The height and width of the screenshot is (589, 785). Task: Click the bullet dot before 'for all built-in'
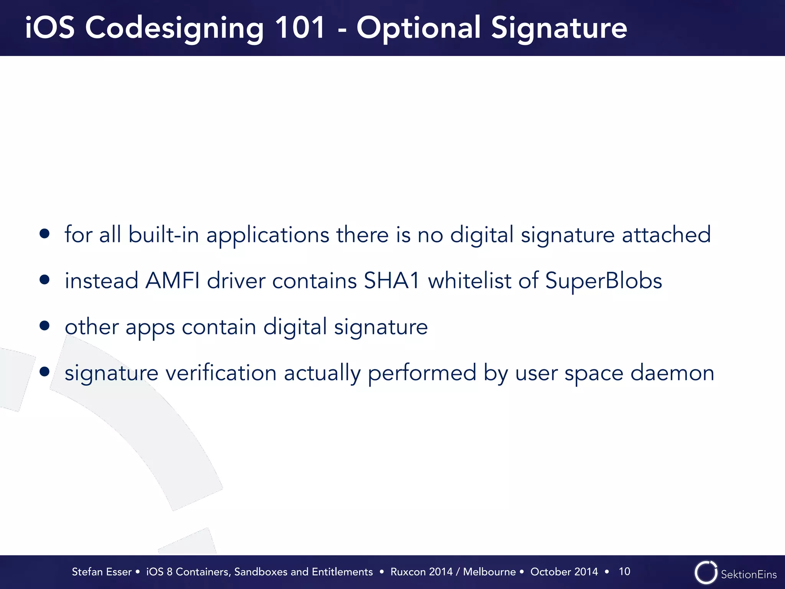click(45, 234)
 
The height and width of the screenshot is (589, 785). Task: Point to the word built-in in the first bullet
click(164, 234)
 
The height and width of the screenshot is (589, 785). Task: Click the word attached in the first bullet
click(666, 234)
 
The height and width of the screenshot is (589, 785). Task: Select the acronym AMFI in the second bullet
click(172, 280)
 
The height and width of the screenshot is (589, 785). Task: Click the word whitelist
click(470, 280)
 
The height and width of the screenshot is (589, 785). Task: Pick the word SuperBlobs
click(603, 280)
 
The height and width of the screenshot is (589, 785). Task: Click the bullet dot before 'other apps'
click(45, 326)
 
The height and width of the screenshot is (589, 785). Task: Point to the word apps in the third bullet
click(150, 328)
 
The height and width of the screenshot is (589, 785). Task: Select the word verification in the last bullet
click(221, 373)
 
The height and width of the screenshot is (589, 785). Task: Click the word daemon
click(672, 373)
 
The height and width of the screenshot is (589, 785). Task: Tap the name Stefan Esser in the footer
click(102, 572)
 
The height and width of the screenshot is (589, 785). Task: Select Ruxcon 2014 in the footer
click(422, 572)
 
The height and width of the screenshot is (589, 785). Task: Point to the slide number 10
click(624, 571)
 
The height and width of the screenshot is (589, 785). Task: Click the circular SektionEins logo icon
click(706, 573)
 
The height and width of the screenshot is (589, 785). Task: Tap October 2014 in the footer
click(564, 572)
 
